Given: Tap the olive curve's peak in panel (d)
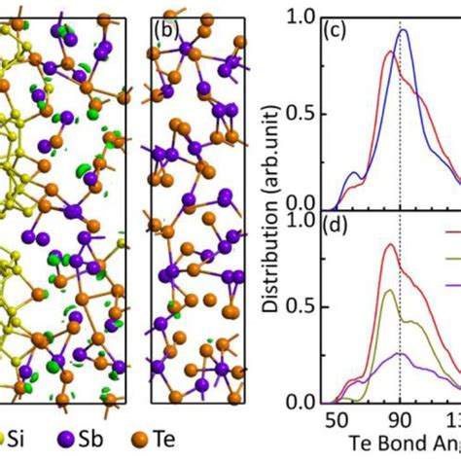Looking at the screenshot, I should coord(391,290).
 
